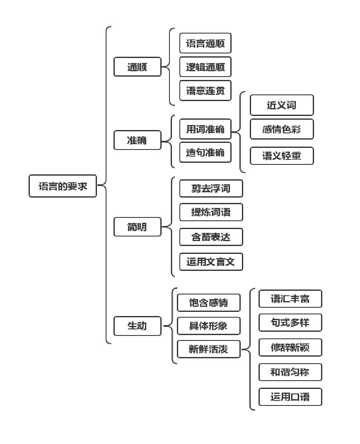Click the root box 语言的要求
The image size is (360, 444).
(x=63, y=186)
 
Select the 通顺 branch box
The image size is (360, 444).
(x=137, y=67)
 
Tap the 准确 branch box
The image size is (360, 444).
(x=137, y=140)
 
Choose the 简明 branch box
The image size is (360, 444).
(x=137, y=227)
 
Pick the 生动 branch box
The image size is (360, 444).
(x=137, y=326)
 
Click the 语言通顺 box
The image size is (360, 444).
(x=205, y=43)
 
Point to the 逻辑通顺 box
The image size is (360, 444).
(x=205, y=67)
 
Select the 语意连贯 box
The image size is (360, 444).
(x=205, y=90)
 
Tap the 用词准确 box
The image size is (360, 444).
(x=205, y=129)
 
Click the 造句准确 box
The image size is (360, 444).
(x=205, y=152)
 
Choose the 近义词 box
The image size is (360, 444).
(x=282, y=105)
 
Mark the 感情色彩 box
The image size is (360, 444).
(x=282, y=129)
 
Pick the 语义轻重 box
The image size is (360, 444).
(x=282, y=156)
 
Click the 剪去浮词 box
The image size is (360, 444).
(x=211, y=188)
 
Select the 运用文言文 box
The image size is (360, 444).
(x=211, y=262)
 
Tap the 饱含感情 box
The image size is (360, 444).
(x=208, y=302)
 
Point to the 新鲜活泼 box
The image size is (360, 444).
(x=208, y=349)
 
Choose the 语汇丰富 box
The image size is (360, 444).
(x=290, y=299)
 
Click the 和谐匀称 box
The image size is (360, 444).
(x=290, y=372)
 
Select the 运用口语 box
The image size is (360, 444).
(x=290, y=397)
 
